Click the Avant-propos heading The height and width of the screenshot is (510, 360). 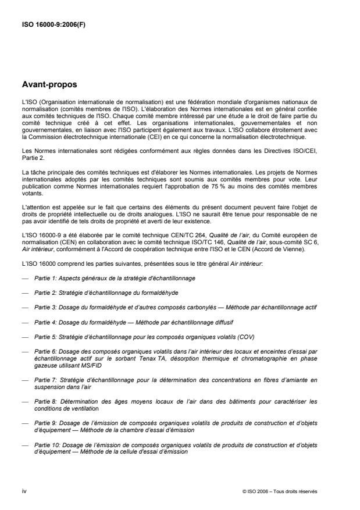[x=49, y=85]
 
